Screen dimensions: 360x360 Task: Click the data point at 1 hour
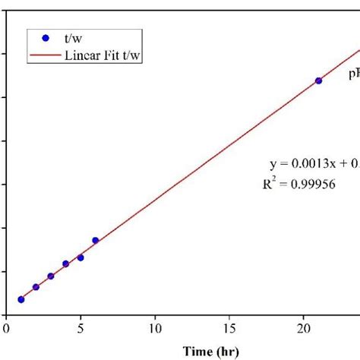21,299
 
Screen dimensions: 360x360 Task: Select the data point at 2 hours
36,287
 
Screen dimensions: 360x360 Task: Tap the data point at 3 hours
51,276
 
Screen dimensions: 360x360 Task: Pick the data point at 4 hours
65,264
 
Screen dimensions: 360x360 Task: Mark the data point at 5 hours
81,257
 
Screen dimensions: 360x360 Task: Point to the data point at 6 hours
96,240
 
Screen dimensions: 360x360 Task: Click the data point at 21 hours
318,81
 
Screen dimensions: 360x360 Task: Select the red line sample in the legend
45,55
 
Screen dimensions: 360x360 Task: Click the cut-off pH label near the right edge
354,74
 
